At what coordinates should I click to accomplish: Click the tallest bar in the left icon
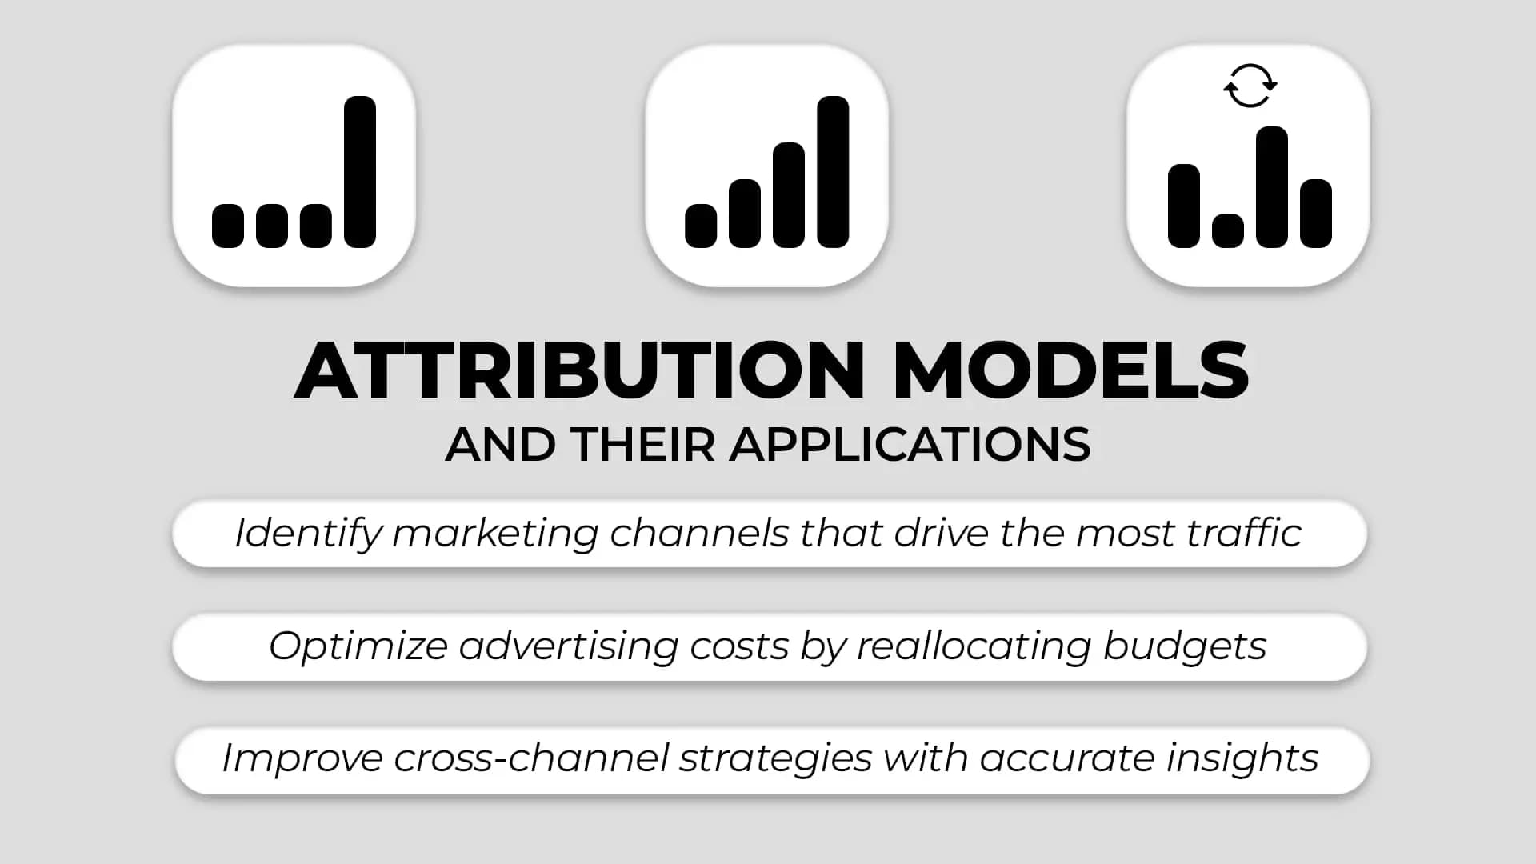pyautogui.click(x=360, y=172)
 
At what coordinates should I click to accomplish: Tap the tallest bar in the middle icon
pyautogui.click(x=833, y=172)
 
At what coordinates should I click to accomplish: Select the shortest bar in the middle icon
pyautogui.click(x=701, y=226)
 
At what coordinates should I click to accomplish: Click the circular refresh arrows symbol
pyautogui.click(x=1250, y=86)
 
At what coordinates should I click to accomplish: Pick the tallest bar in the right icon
pyautogui.click(x=1271, y=187)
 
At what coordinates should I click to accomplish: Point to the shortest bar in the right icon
pyautogui.click(x=1228, y=230)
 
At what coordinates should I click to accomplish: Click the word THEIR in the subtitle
pyautogui.click(x=643, y=445)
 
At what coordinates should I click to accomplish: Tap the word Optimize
pyautogui.click(x=358, y=646)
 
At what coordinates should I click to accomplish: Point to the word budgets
pyautogui.click(x=1185, y=646)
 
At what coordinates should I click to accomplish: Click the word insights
pyautogui.click(x=1242, y=758)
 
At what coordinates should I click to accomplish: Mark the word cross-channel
pyautogui.click(x=531, y=758)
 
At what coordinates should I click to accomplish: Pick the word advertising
pyautogui.click(x=569, y=646)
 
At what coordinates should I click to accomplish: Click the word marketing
pyautogui.click(x=495, y=534)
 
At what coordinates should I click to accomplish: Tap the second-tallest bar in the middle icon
pyautogui.click(x=789, y=195)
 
